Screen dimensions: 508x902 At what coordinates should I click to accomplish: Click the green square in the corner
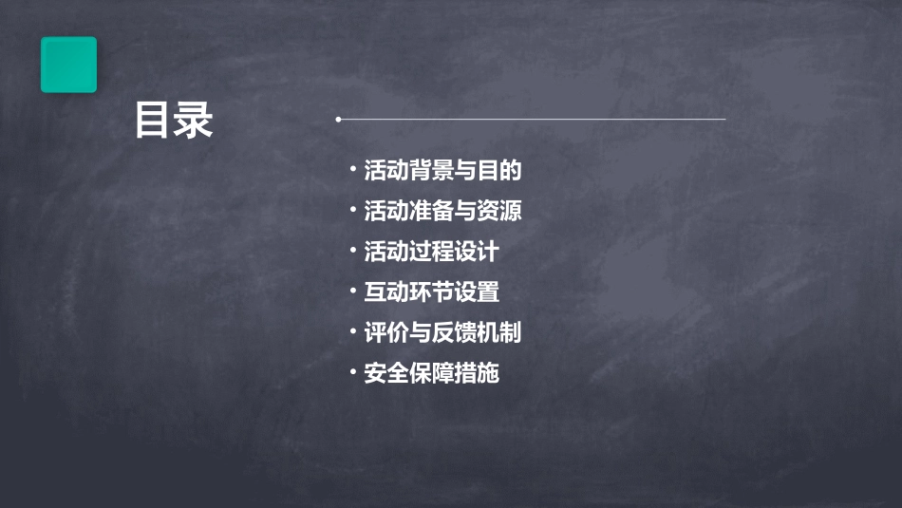pyautogui.click(x=68, y=65)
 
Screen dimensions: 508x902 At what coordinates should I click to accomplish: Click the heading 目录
pyautogui.click(x=174, y=121)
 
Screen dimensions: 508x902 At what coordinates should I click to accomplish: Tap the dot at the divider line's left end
pyautogui.click(x=338, y=120)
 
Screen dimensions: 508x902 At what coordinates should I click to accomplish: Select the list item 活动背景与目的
pyautogui.click(x=442, y=171)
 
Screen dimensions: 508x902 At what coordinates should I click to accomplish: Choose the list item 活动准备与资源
pyautogui.click(x=442, y=211)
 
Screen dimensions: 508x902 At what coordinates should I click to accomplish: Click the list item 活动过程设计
pyautogui.click(x=431, y=252)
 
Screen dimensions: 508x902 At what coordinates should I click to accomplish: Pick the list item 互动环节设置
pyautogui.click(x=431, y=292)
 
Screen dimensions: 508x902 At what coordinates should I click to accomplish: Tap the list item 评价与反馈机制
pyautogui.click(x=442, y=332)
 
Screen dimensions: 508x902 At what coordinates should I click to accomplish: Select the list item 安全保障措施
pyautogui.click(x=431, y=373)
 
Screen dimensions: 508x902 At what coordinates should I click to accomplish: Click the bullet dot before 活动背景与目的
pyautogui.click(x=352, y=170)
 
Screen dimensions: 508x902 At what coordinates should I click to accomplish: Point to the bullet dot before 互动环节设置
pyautogui.click(x=352, y=292)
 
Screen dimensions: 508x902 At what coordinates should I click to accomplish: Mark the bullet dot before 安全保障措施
pyautogui.click(x=352, y=372)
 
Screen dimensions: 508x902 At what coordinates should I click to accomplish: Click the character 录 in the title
pyautogui.click(x=194, y=121)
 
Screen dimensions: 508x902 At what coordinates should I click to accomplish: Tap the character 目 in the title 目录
pyautogui.click(x=153, y=121)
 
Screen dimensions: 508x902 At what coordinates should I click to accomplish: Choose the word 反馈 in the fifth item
pyautogui.click(x=454, y=332)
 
